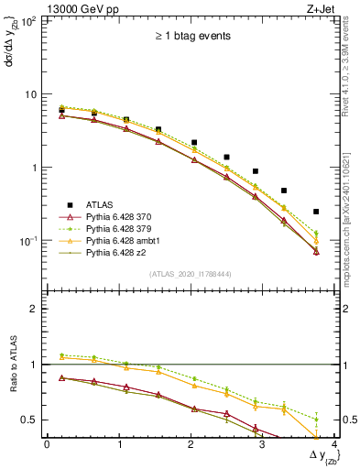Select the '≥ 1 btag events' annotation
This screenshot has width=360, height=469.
pyautogui.click(x=192, y=36)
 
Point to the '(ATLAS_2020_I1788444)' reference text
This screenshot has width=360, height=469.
pyautogui.click(x=192, y=272)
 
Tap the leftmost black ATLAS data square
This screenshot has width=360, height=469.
pyautogui.click(x=61, y=111)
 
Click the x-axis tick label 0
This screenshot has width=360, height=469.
pyautogui.click(x=47, y=444)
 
